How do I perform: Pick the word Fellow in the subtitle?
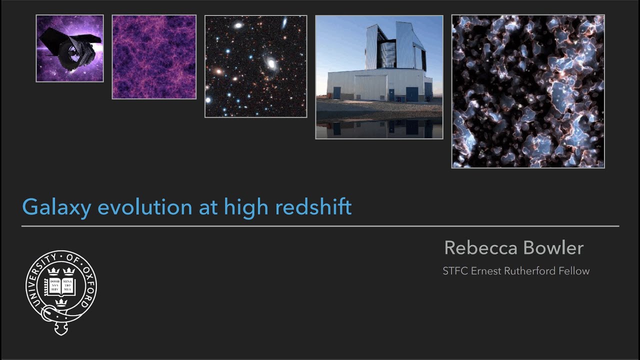coord(575,271)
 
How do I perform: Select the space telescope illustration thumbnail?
coord(69,48)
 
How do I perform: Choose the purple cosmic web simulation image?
coord(154,57)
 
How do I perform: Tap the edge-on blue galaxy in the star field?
coord(284,22)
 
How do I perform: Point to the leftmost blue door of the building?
coord(337,93)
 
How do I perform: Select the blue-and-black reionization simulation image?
coord(528,91)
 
